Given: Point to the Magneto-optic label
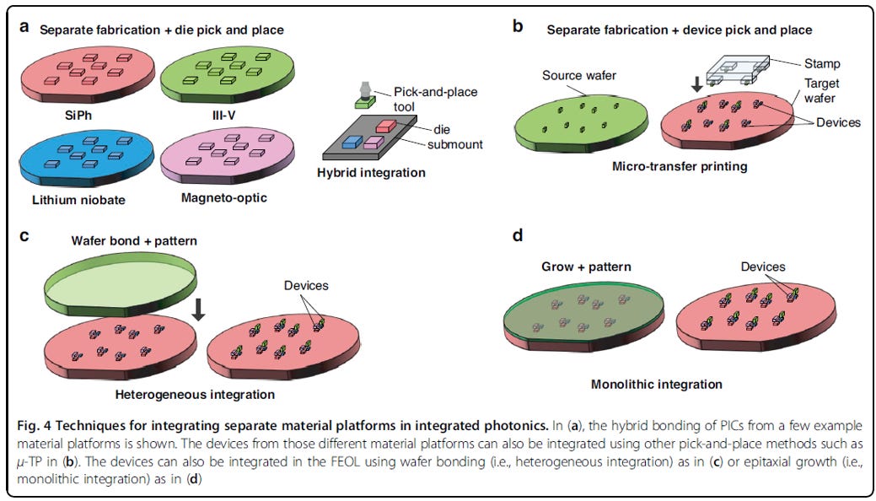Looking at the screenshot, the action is (x=224, y=197).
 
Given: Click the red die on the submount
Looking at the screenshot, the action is (x=386, y=126).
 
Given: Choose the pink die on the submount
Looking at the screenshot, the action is (x=374, y=142).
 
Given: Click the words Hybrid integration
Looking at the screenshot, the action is (x=371, y=172).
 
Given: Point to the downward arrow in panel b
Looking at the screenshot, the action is (x=696, y=83).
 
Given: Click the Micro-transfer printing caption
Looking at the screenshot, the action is (x=680, y=167).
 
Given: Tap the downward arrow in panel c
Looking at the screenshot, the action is (x=198, y=310).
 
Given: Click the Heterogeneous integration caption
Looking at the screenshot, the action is (x=195, y=394).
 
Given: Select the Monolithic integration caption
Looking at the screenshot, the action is (x=657, y=384).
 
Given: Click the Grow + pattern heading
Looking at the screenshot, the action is (x=587, y=267).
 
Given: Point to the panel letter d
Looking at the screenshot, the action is (x=518, y=235).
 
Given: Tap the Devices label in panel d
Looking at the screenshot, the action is (x=763, y=267).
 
